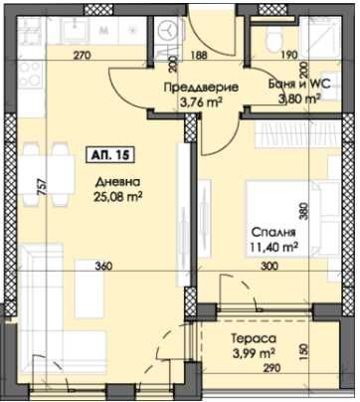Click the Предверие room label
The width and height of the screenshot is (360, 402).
tap(198, 86)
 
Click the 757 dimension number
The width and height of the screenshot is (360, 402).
tap(41, 186)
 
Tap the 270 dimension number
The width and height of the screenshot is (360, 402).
tap(83, 55)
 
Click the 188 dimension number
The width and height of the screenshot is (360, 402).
tap(199, 55)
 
